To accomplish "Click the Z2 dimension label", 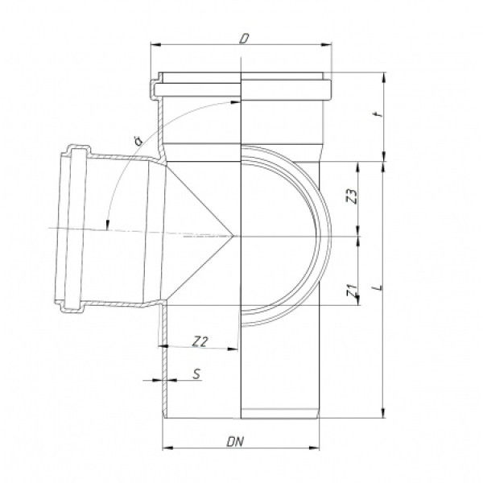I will pyautogui.click(x=201, y=341).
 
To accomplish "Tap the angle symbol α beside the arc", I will pyautogui.click(x=138, y=142).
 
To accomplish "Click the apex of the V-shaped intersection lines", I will pyautogui.click(x=234, y=235).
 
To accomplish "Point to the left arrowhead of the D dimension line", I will pyautogui.click(x=155, y=46).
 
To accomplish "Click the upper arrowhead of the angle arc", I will pyautogui.click(x=235, y=101).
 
